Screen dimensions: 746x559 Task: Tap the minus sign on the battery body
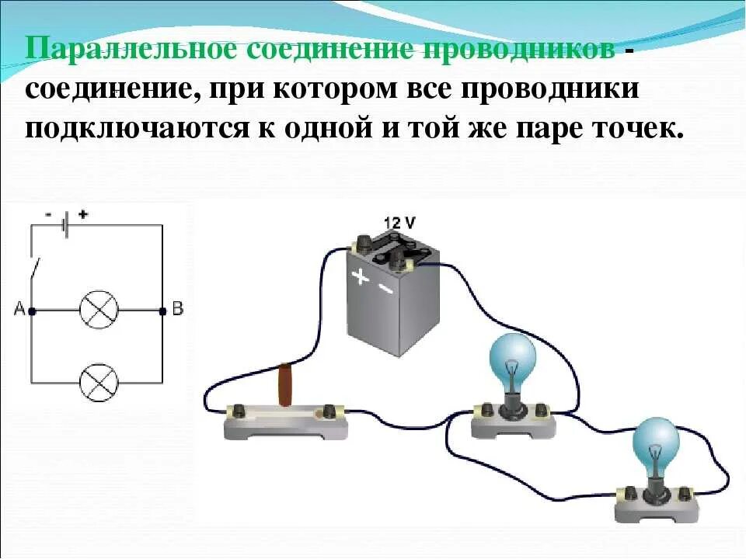point(385,289)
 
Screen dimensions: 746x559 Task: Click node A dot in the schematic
point(32,311)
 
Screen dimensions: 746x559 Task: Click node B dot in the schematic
point(162,311)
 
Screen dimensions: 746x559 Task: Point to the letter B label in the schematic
point(177,309)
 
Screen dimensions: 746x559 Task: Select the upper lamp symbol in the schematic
point(99,311)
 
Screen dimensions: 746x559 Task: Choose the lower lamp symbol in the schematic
point(99,382)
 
